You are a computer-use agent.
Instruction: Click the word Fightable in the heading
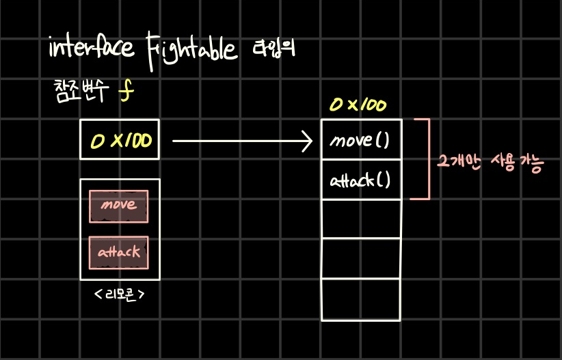pos(190,49)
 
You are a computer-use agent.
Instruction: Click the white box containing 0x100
pos(120,140)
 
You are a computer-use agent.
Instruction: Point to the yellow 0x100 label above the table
pos(358,105)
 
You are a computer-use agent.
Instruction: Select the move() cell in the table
pos(360,141)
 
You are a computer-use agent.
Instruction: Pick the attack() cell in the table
pos(360,180)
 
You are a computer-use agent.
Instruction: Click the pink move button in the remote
pos(119,205)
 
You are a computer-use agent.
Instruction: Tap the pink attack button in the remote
pos(119,252)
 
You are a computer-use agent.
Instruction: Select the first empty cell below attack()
pos(360,219)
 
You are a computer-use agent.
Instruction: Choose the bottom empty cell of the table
pos(360,299)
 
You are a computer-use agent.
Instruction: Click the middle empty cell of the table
pos(360,259)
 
